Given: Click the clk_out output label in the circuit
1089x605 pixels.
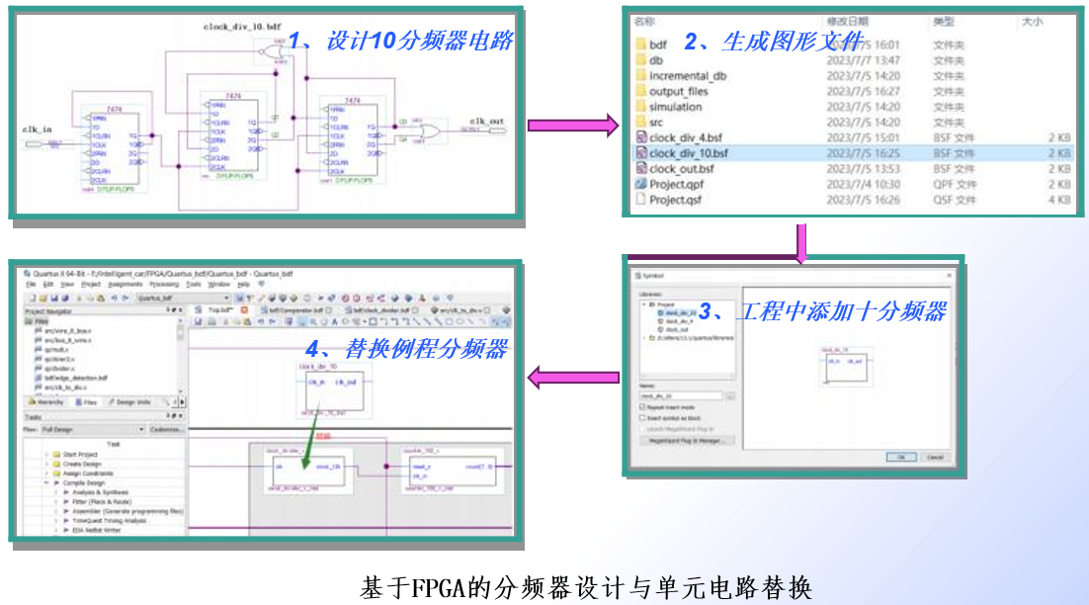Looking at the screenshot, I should [486, 122].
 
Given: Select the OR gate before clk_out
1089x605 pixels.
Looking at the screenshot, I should [431, 131].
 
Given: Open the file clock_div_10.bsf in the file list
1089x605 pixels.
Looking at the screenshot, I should [688, 153].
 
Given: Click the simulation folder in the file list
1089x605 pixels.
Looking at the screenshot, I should [675, 107].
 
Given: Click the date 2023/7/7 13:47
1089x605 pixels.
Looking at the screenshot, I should [863, 60].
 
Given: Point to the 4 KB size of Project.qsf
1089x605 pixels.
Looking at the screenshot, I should [1058, 200].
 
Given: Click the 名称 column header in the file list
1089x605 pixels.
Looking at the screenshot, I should [644, 21].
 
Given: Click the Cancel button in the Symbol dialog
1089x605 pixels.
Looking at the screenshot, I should [935, 457].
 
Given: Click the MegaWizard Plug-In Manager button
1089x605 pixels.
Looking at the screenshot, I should [687, 440].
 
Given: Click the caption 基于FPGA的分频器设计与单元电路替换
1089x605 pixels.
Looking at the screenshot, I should [586, 587].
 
